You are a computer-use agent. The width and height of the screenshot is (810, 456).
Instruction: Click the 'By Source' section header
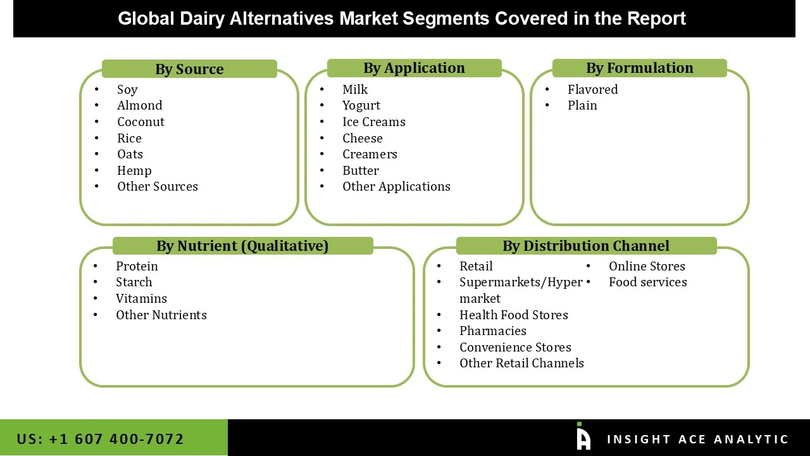tap(189, 69)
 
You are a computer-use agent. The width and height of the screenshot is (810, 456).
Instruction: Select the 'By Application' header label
tap(414, 68)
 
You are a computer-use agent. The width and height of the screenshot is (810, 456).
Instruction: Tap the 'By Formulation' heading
tap(639, 68)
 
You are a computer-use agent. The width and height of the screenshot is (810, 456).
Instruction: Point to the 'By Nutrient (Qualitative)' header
tap(242, 246)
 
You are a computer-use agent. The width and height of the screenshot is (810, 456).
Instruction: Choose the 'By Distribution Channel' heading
tap(585, 246)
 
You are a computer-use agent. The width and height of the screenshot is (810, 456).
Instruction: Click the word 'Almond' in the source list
tap(139, 105)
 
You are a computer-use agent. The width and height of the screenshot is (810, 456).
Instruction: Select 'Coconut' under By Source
tap(140, 122)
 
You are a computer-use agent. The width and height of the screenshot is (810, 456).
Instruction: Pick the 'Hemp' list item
tap(134, 170)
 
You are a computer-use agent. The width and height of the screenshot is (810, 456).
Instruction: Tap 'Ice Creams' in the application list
tap(373, 122)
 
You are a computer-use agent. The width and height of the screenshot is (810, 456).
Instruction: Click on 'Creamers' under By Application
tap(370, 154)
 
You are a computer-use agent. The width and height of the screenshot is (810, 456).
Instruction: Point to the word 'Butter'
tap(360, 170)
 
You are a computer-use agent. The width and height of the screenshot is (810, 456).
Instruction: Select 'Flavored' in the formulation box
tap(592, 89)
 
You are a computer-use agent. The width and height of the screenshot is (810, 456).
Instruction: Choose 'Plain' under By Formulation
tap(582, 105)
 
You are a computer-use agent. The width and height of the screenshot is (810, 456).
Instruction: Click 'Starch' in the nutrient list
tap(134, 282)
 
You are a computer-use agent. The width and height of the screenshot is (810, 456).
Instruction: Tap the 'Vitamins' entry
tap(141, 298)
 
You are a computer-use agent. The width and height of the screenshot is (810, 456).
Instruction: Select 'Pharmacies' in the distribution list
tap(492, 331)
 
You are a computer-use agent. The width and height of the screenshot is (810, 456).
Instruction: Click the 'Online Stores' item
tap(647, 266)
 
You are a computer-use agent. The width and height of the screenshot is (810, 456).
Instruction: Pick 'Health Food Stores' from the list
tap(513, 315)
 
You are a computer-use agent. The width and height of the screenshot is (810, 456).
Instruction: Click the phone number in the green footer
tap(101, 439)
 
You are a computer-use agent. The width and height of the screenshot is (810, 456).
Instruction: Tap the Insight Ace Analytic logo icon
tap(583, 437)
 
